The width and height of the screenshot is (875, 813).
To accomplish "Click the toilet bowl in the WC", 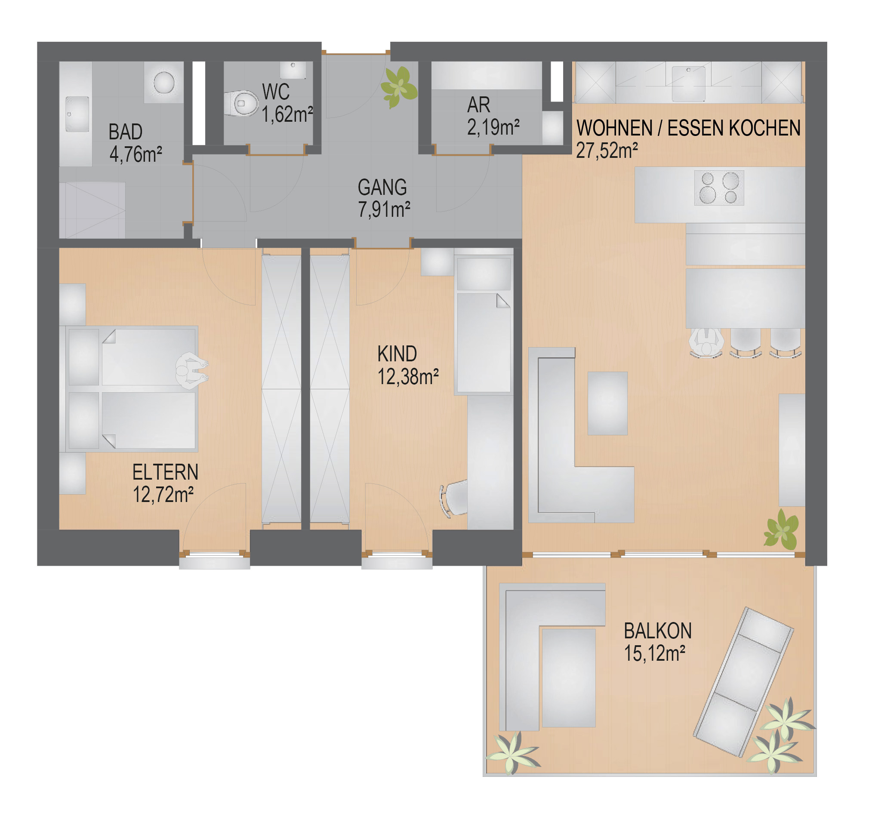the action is pos(241,103).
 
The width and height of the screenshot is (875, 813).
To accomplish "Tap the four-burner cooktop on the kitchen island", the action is pos(719,188).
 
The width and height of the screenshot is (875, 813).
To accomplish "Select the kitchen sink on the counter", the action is pos(688,83).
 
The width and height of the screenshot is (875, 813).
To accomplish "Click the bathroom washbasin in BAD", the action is pos(77,114).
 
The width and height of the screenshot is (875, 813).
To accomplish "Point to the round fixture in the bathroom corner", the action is pos(164,82).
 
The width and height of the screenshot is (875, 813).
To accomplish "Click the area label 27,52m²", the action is pos(607,151).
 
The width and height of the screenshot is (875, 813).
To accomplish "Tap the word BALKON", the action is pos(658,631).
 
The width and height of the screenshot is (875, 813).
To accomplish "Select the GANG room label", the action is pos(382,188).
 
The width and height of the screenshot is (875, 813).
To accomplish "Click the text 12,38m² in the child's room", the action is pos(408,376).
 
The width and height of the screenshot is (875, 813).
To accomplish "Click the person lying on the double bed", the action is pos(192,370).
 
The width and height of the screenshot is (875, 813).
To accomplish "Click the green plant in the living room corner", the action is pos(781,530).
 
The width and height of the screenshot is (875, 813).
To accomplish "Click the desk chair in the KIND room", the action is pos(454,499).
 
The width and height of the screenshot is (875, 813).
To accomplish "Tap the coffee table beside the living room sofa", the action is pos(607,403).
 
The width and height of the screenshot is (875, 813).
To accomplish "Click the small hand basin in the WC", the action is pos(293,70).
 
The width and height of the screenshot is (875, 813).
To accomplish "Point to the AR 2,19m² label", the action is pos(493,116).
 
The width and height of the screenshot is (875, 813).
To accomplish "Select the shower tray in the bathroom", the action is pos(92,211).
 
